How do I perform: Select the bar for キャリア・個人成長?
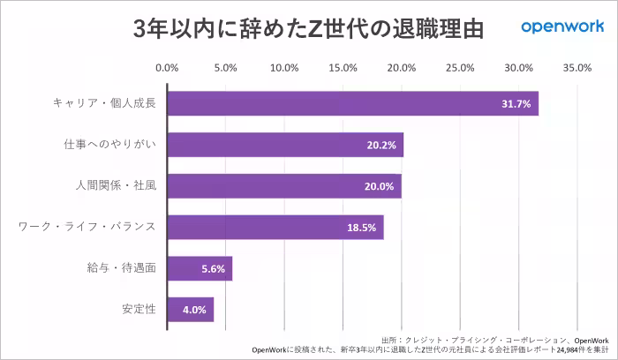(352, 103)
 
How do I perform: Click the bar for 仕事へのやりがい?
(285, 145)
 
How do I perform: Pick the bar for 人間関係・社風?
(284, 186)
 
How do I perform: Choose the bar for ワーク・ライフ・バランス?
(275, 227)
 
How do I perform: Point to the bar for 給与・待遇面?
(200, 268)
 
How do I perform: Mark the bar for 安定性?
(190, 310)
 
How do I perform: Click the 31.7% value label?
(516, 104)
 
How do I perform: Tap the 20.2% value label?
(381, 146)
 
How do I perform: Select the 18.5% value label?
(362, 228)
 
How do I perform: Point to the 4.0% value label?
(193, 311)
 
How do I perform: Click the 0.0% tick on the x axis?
(167, 68)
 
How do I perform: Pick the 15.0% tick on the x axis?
(343, 68)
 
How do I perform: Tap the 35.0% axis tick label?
(577, 68)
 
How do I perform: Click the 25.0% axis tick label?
(460, 68)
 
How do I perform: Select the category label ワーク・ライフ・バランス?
(87, 227)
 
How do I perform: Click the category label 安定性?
(139, 310)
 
